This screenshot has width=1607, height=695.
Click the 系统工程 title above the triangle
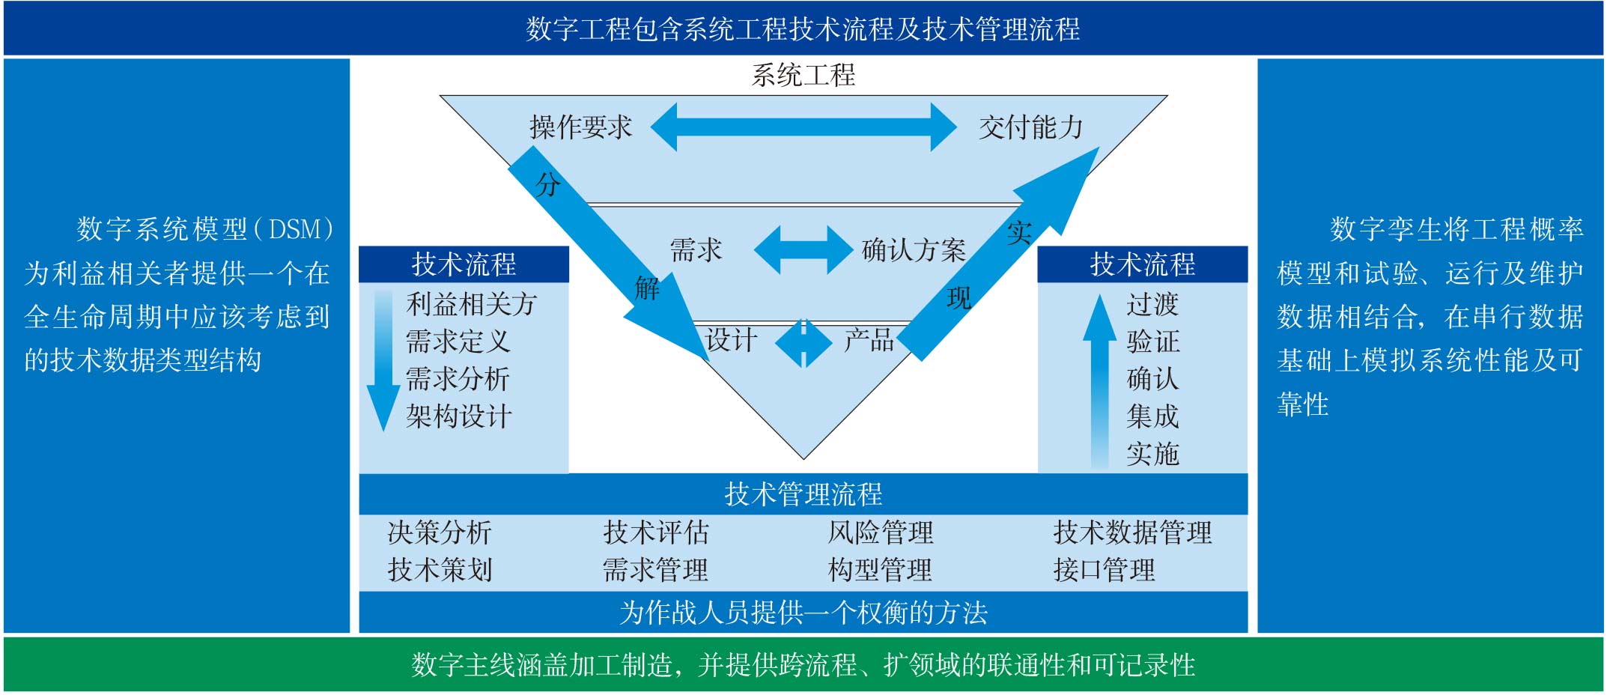803,75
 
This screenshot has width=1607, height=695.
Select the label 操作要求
580,127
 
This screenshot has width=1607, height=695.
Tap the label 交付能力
1030,127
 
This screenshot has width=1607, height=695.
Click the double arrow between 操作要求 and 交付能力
803,127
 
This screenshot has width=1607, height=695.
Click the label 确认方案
914,250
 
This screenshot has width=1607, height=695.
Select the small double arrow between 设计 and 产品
803,343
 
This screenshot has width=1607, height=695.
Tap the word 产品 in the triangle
869,341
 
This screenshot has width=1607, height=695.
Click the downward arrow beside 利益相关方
383,359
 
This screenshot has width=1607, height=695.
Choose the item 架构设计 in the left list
459,416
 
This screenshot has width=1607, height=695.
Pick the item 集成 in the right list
1152,416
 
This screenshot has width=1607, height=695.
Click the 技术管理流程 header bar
803,494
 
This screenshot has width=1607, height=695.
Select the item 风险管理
881,532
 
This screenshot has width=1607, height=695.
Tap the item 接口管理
1104,570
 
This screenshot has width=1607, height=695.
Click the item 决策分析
440,532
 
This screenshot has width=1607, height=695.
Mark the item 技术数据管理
1132,532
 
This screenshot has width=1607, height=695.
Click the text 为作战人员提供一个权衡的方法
803,613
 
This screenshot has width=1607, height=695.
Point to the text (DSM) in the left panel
294,229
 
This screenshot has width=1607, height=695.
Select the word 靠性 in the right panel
1303,404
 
